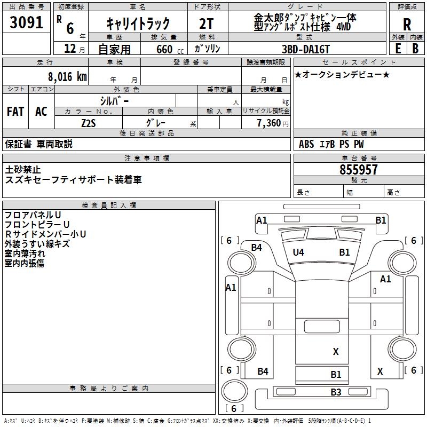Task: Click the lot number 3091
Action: point(26,22)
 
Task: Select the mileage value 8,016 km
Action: point(67,77)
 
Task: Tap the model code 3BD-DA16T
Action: point(305,49)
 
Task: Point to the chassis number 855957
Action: point(358,170)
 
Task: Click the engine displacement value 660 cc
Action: point(170,50)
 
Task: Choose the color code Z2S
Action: point(89,123)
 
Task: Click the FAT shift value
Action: point(15,112)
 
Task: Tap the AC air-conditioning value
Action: point(42,112)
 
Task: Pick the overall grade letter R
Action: point(407,25)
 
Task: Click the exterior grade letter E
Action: point(398,49)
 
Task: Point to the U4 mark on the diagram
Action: point(298,252)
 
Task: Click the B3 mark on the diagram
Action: point(336,392)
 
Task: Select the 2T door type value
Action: point(206,23)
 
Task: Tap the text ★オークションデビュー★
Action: point(342,74)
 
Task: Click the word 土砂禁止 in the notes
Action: point(23,170)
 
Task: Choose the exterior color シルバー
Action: point(114,101)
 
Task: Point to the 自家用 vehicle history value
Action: point(114,49)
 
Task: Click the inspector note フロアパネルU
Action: point(33,215)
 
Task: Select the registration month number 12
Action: point(70,49)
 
